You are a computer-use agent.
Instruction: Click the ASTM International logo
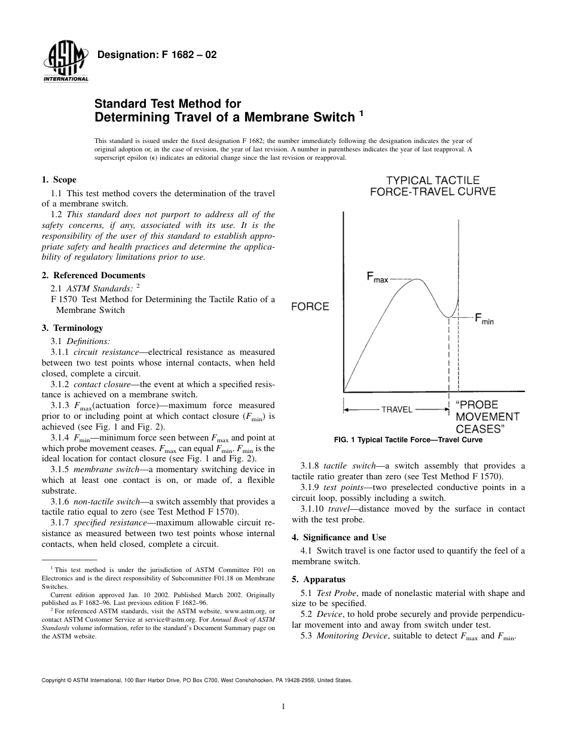click(x=65, y=63)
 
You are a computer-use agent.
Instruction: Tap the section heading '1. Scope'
click(x=59, y=180)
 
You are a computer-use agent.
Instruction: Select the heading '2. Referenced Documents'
click(x=93, y=275)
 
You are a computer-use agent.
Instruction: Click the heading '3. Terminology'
click(x=72, y=328)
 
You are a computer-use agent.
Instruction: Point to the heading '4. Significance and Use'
click(x=338, y=537)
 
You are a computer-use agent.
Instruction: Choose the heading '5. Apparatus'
click(x=318, y=579)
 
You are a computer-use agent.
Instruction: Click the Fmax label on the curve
click(x=377, y=278)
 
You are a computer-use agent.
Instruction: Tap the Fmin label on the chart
click(x=484, y=319)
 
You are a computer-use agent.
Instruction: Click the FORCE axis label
click(x=310, y=307)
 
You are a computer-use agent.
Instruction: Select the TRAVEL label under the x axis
click(x=397, y=409)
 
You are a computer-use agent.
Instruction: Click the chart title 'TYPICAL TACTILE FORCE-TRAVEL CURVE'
click(x=432, y=185)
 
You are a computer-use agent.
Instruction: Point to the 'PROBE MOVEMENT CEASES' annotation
click(x=487, y=416)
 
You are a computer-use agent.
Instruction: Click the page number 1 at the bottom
click(x=284, y=707)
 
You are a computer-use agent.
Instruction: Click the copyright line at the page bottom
click(x=197, y=680)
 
